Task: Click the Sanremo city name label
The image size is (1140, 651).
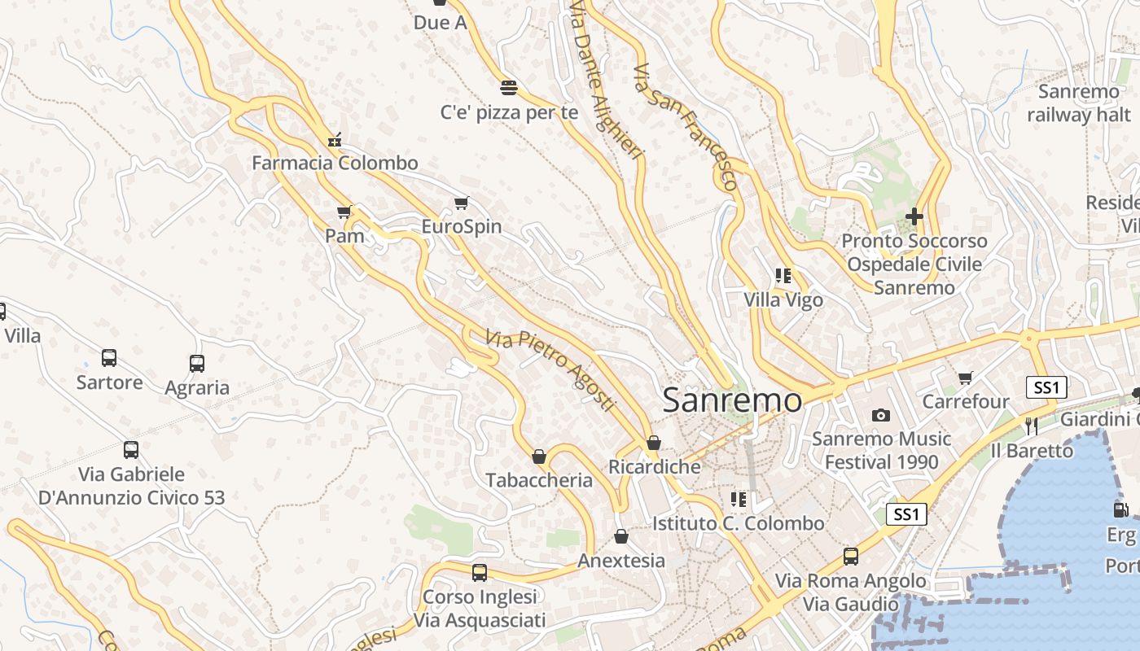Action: pyautogui.click(x=731, y=400)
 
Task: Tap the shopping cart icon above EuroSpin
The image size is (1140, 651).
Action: pyautogui.click(x=462, y=203)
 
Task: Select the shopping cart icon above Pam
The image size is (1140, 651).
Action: pyautogui.click(x=344, y=212)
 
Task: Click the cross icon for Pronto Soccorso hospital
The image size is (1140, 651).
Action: pyautogui.click(x=914, y=216)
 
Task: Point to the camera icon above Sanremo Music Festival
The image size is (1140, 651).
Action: pyautogui.click(x=880, y=416)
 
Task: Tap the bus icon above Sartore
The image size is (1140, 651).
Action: pyautogui.click(x=109, y=358)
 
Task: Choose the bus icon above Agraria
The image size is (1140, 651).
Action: pyautogui.click(x=196, y=364)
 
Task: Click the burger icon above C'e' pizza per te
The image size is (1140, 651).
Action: pyautogui.click(x=509, y=88)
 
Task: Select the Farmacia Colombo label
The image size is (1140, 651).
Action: pyautogui.click(x=335, y=163)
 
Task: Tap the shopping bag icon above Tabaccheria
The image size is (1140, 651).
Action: pyautogui.click(x=538, y=457)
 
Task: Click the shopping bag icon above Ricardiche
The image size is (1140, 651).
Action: pyautogui.click(x=653, y=443)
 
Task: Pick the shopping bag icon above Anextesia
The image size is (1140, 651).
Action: pyautogui.click(x=621, y=537)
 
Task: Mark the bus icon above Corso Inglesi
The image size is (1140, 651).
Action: pyautogui.click(x=479, y=573)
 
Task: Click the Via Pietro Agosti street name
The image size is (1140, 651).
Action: pyautogui.click(x=550, y=370)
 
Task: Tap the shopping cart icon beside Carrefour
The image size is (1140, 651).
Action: pyautogui.click(x=966, y=378)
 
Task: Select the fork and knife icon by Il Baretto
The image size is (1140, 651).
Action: pyautogui.click(x=1032, y=426)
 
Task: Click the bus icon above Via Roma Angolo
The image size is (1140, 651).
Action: pyautogui.click(x=850, y=557)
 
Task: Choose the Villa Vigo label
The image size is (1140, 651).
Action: pyautogui.click(x=783, y=300)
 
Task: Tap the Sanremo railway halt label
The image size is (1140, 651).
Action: pyautogui.click(x=1079, y=103)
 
